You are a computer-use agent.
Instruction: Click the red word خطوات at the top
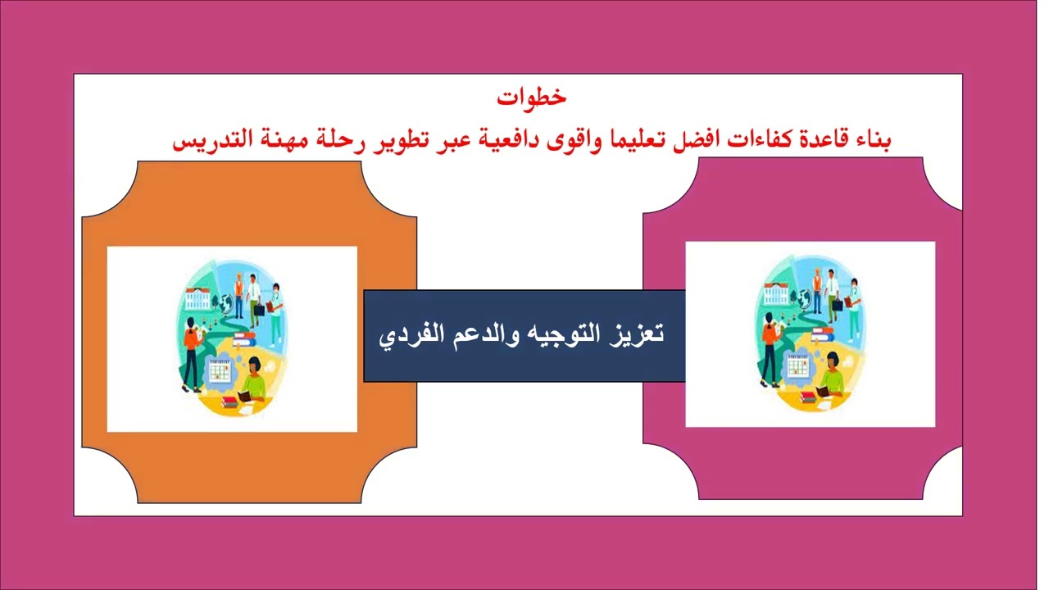click(531, 97)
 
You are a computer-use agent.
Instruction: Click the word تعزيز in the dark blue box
click(639, 334)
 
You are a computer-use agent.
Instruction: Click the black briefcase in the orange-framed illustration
click(260, 310)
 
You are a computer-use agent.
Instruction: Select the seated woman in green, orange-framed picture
click(252, 383)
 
